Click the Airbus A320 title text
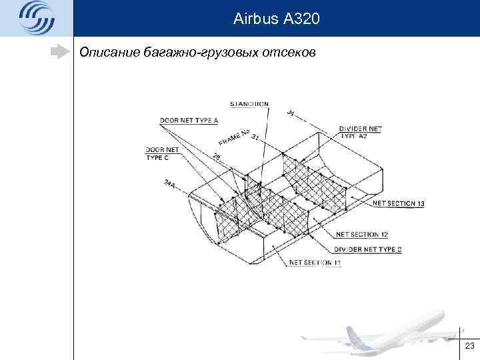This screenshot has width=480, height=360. coord(277,19)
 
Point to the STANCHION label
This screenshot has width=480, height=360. coord(249,103)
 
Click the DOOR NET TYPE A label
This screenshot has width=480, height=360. coord(189,121)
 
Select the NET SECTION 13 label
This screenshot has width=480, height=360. coord(399,203)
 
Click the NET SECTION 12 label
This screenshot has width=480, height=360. coord(362,234)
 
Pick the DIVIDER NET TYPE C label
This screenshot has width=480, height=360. coord(368,249)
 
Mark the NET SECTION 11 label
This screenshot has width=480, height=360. coord(315,263)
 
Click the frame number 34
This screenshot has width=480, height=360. coord(290,115)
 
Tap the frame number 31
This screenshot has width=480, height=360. coord(255,137)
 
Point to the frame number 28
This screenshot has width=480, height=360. coord(217,157)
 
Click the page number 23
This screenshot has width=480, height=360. coord(469,345)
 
